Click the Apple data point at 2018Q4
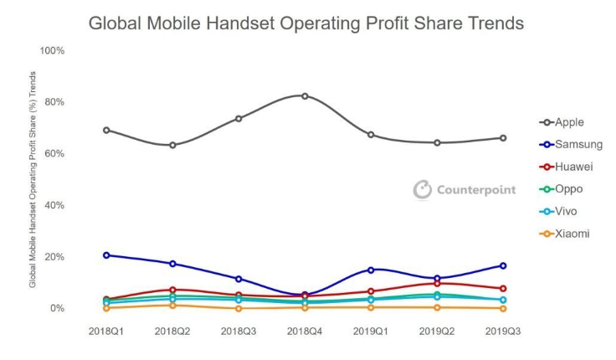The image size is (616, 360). (305, 95)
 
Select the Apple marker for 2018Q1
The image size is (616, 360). (106, 130)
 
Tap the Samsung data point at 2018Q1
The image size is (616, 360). (106, 255)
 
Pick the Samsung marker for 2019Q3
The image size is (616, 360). (503, 265)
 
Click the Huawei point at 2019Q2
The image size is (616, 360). (437, 283)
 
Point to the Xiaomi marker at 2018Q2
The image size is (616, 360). (172, 305)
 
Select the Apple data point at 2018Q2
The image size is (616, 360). (172, 145)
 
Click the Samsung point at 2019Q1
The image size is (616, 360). (371, 270)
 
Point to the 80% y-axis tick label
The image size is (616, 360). (54, 102)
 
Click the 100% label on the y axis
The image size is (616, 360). (52, 51)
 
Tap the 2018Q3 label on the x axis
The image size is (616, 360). (239, 332)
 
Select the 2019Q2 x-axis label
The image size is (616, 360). (437, 332)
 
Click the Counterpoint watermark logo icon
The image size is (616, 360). (423, 190)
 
